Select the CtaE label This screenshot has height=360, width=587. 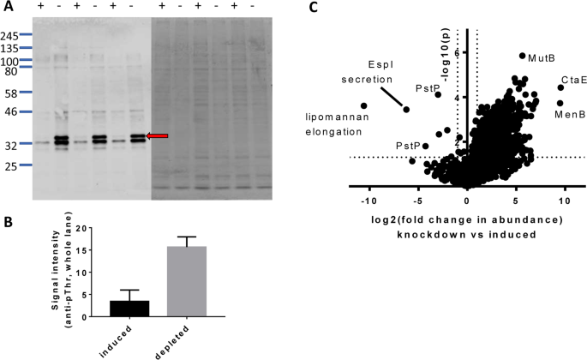coord(573,81)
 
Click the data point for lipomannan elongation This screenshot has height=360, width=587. coord(364,106)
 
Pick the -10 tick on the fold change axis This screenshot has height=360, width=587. coord(368,201)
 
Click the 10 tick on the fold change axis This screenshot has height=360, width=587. coord(564,201)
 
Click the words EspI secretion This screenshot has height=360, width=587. coord(378,69)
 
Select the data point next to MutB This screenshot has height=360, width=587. coord(522,57)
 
